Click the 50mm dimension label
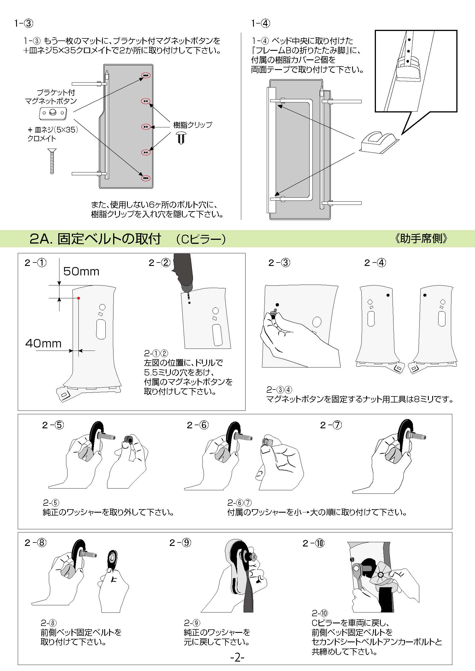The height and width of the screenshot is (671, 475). click(81, 271)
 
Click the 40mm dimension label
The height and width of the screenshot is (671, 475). click(43, 343)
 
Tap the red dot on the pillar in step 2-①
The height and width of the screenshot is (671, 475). click(79, 298)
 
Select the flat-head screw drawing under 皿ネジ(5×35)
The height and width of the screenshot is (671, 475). click(52, 161)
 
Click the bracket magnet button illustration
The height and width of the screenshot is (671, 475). click(53, 113)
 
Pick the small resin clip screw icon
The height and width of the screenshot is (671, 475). click(181, 137)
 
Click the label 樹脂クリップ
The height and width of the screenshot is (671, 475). click(192, 125)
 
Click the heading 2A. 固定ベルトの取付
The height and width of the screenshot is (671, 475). click(95, 239)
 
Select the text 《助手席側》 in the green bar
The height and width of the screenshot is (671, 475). click(421, 238)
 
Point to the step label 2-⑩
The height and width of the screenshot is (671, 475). click(313, 543)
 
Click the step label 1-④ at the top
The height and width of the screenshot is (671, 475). click(260, 23)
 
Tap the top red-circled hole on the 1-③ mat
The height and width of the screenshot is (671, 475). click(146, 75)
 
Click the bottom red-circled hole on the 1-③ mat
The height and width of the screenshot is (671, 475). click(146, 178)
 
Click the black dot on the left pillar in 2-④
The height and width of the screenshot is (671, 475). click(388, 295)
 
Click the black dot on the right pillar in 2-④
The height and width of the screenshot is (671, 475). click(425, 295)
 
